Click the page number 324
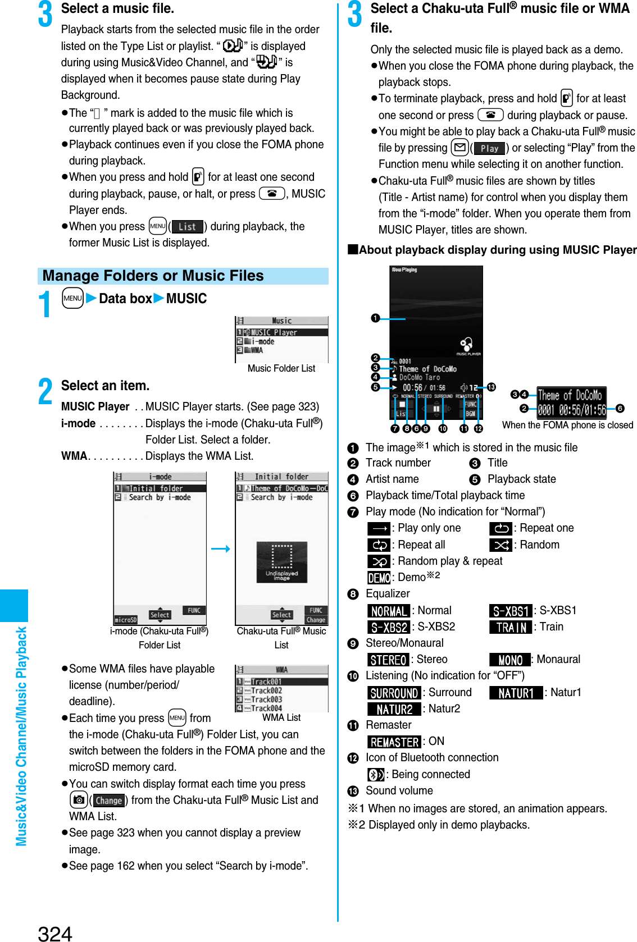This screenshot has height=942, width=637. (55, 932)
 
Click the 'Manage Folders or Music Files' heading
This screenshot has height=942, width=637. (153, 276)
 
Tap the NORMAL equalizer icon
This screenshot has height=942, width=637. (389, 611)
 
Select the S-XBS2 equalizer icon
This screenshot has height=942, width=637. (389, 627)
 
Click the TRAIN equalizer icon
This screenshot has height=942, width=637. (511, 627)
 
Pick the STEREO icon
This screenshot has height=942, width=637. (388, 660)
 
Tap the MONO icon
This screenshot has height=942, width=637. (510, 660)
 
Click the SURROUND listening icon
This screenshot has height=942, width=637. (394, 693)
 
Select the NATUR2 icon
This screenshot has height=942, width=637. (394, 709)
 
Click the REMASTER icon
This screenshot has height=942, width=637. (394, 742)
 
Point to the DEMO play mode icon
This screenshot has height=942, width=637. (379, 578)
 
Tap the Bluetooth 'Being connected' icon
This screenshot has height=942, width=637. (376, 775)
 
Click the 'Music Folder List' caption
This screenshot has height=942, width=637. (281, 368)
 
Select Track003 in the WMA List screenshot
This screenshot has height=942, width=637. (266, 699)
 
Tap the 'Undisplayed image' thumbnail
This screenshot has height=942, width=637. (281, 562)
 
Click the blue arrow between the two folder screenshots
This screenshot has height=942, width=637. (221, 548)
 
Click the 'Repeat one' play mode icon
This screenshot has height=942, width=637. (501, 528)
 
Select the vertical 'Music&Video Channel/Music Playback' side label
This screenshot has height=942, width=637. (21, 735)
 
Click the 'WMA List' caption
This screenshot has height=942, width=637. (281, 717)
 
